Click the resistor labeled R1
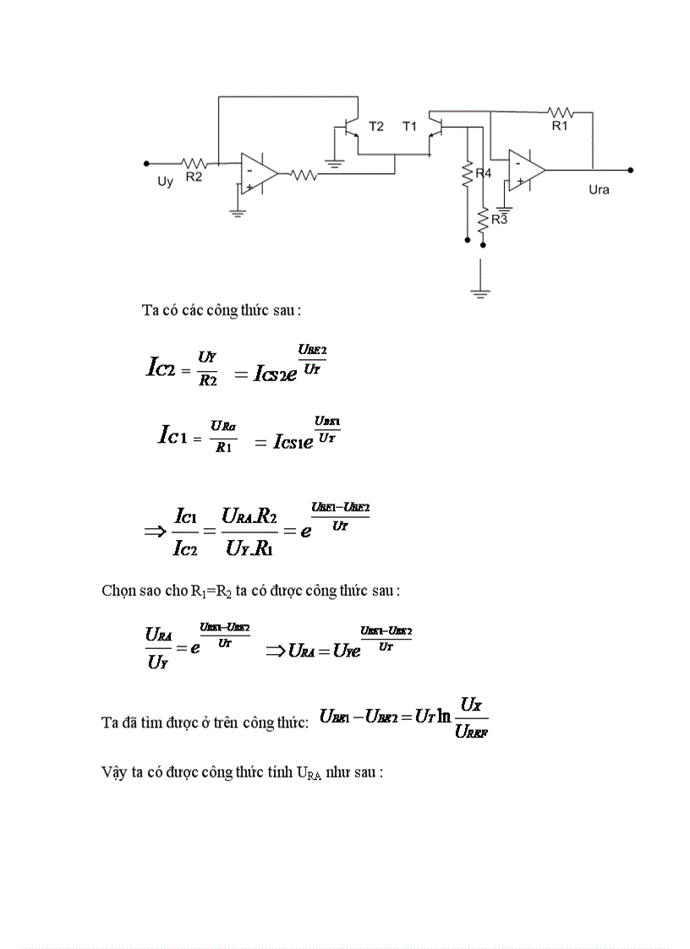(x=560, y=112)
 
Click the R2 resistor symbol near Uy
(x=196, y=163)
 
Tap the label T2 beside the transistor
(x=375, y=127)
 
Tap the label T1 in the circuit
(x=410, y=127)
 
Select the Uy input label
(x=166, y=182)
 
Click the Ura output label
(x=599, y=190)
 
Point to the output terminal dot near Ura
(x=631, y=170)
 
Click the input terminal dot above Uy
(x=146, y=163)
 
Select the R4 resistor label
(x=483, y=173)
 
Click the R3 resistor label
(x=499, y=220)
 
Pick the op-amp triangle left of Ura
(x=526, y=170)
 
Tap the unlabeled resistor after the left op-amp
(x=303, y=176)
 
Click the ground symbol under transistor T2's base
(x=336, y=162)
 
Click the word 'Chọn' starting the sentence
(x=117, y=591)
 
